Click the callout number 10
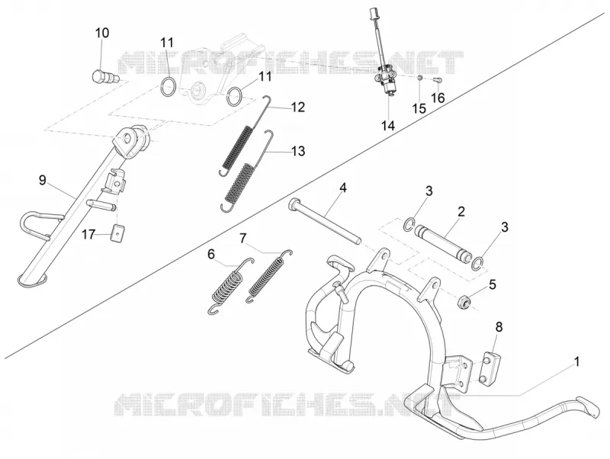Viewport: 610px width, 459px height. (102, 33)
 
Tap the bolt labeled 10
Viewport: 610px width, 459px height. (102, 75)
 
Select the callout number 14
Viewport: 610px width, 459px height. (388, 126)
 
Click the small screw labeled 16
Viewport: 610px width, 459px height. (438, 80)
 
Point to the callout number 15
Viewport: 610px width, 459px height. (419, 108)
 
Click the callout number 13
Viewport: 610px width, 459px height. (298, 151)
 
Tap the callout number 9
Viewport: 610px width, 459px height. (43, 180)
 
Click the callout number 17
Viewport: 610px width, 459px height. (88, 235)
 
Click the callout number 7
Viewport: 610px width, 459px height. (242, 238)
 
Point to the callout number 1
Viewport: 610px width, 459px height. (577, 361)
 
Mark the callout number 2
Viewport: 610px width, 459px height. (461, 212)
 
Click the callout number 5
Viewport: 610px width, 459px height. (493, 284)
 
